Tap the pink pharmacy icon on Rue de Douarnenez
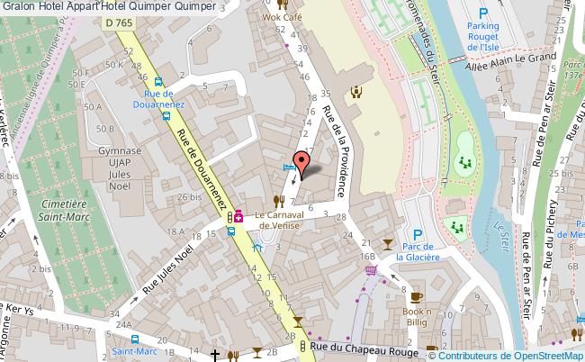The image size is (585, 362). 239,216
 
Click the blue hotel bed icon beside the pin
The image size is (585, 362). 289,167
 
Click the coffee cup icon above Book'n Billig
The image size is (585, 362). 416,296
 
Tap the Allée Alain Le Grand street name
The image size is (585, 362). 508,58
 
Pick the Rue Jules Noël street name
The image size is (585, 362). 169,267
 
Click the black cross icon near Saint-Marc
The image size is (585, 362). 215,355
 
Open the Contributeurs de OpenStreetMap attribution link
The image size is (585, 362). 517,354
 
